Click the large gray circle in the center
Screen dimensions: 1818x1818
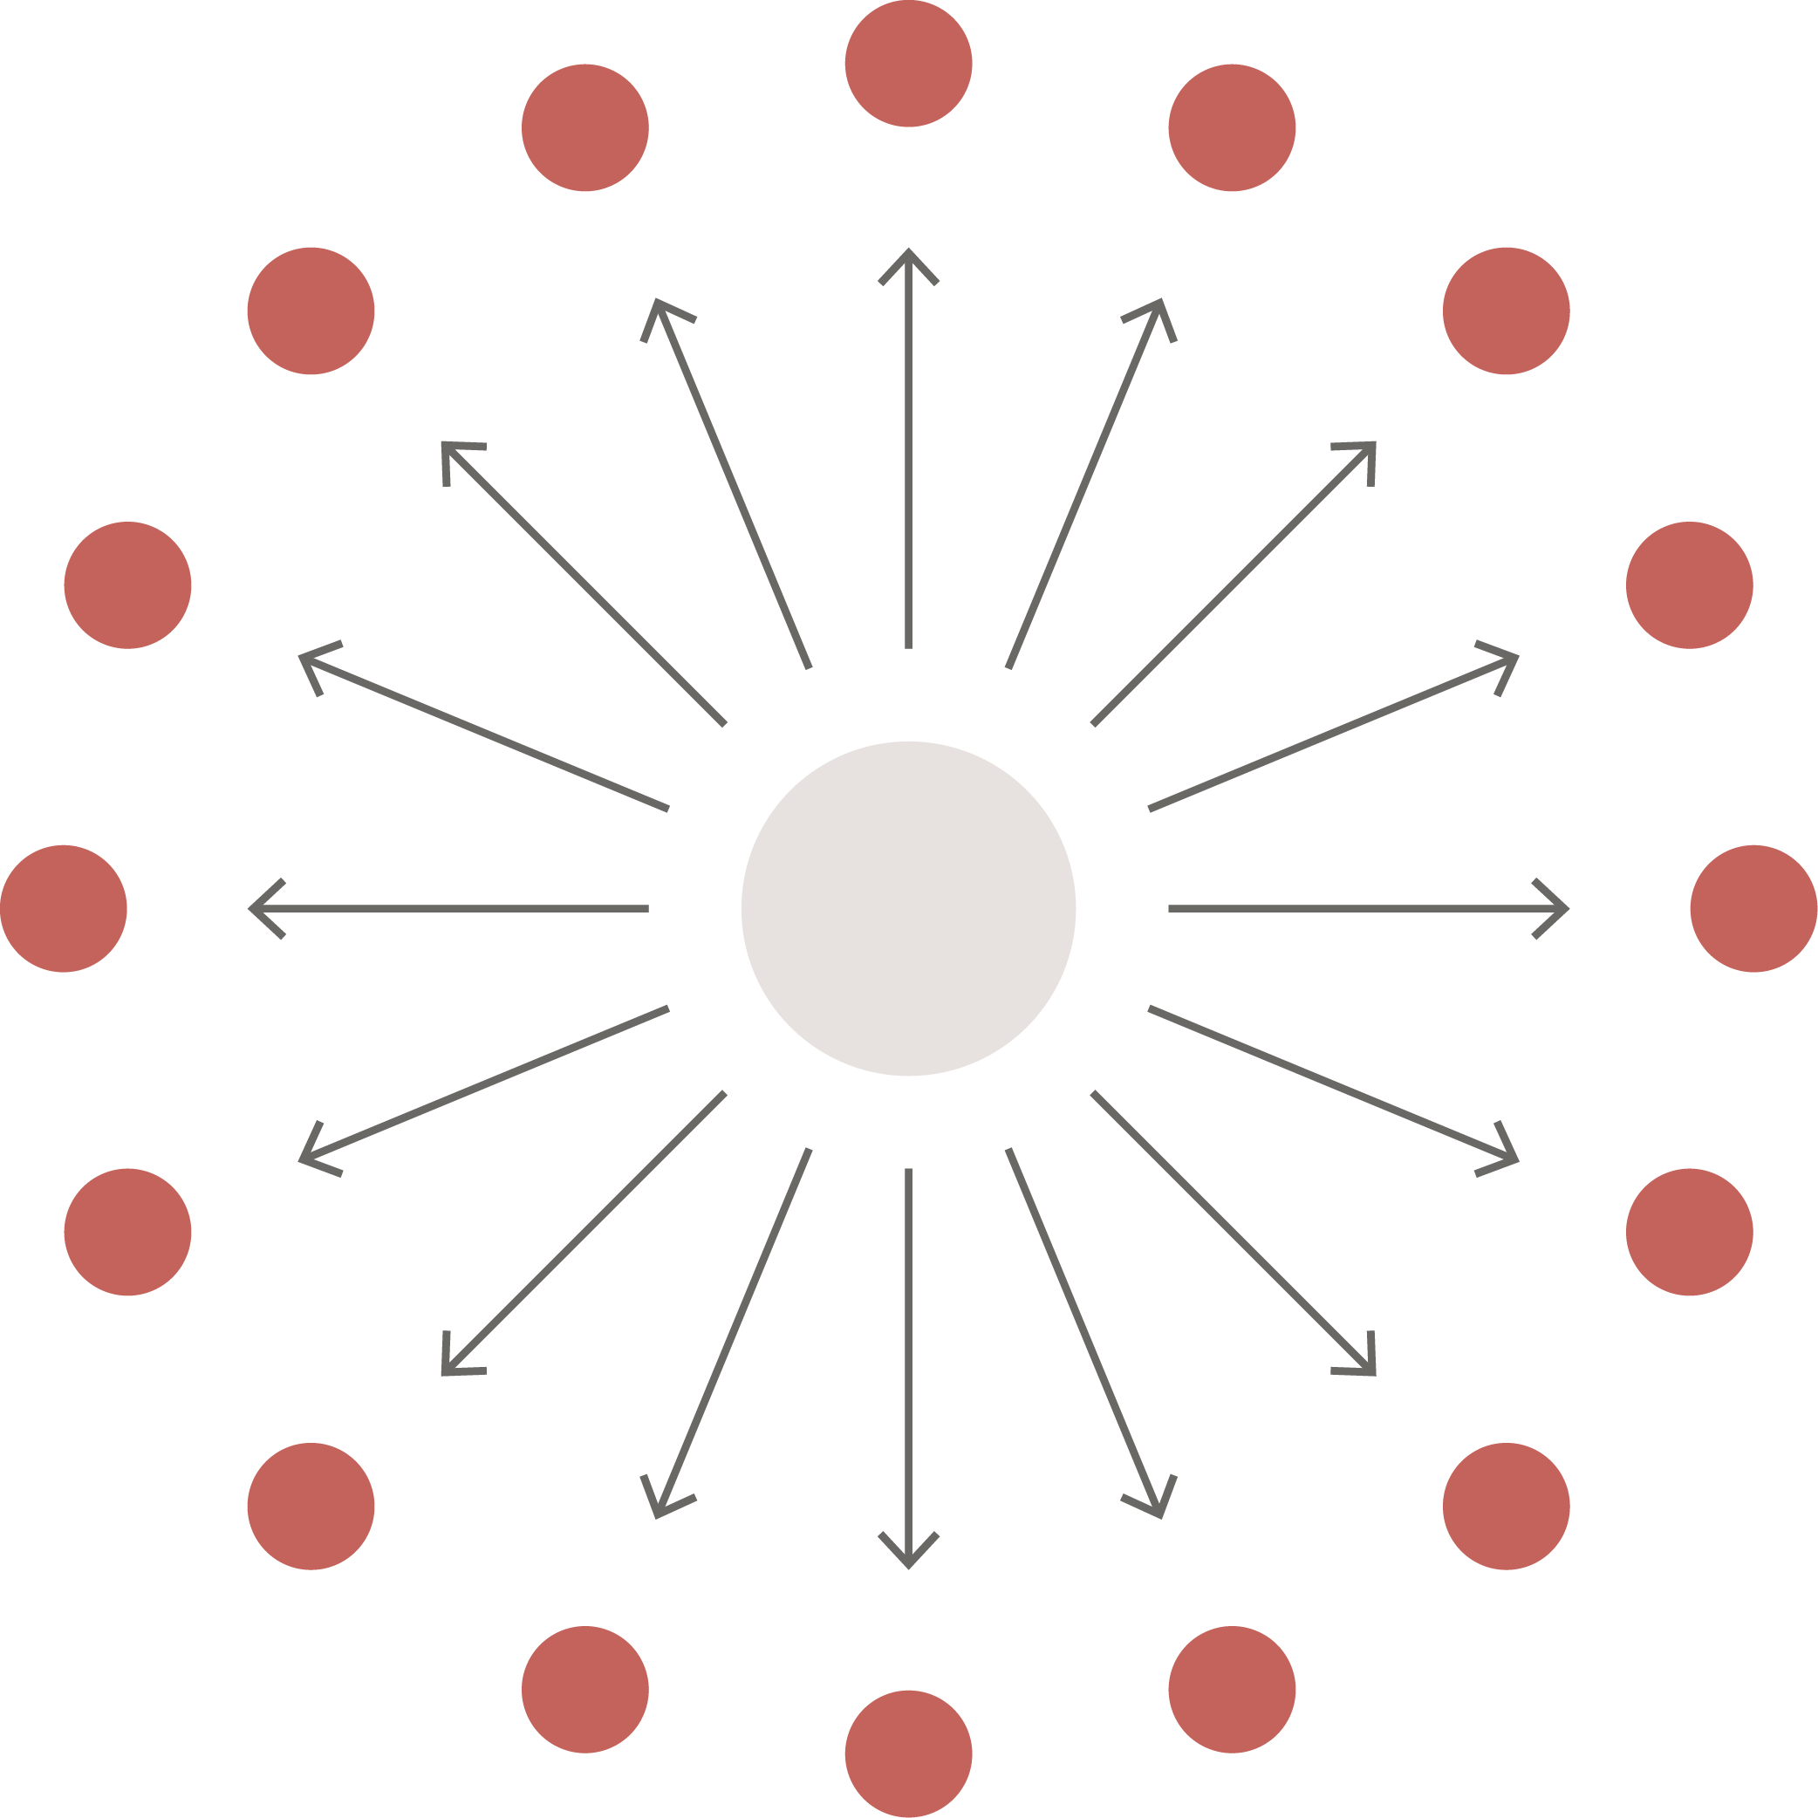coord(908,908)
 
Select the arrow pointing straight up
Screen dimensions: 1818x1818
coord(908,452)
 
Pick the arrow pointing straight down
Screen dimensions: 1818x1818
coord(908,1364)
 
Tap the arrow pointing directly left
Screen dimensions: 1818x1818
coord(452,908)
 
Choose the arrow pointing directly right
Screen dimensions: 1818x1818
coord(1364,908)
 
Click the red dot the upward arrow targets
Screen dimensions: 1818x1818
coord(908,63)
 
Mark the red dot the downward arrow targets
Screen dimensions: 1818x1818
coord(908,1754)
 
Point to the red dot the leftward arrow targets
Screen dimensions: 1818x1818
coord(63,908)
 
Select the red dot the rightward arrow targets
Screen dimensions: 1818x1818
coord(1754,908)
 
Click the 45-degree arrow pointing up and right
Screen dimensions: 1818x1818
coord(1233,584)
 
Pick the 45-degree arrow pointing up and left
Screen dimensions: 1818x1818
coord(584,584)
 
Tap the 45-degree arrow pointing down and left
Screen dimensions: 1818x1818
coord(584,1233)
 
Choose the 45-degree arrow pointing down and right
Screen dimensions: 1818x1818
coord(1233,1233)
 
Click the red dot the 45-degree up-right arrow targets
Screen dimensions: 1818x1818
coord(1506,311)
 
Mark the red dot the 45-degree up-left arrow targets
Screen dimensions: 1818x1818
coord(311,311)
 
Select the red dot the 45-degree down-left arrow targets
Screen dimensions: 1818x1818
coord(311,1506)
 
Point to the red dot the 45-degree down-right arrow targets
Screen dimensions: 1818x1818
coord(1506,1506)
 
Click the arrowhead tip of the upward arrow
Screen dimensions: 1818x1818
coord(908,250)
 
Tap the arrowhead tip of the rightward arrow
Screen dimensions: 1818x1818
coord(1567,908)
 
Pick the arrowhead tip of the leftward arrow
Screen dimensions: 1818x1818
coord(250,908)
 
